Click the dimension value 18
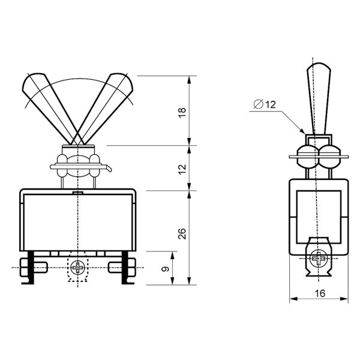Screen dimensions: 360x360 [x=182, y=113]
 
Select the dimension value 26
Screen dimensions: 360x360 [x=182, y=234]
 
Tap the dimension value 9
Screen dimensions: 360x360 [x=165, y=269]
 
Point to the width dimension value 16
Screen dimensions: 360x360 [x=320, y=293]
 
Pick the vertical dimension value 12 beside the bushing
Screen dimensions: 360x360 [x=182, y=169]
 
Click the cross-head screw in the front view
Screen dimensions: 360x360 [x=78, y=268]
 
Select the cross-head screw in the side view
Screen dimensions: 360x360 [x=319, y=259]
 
